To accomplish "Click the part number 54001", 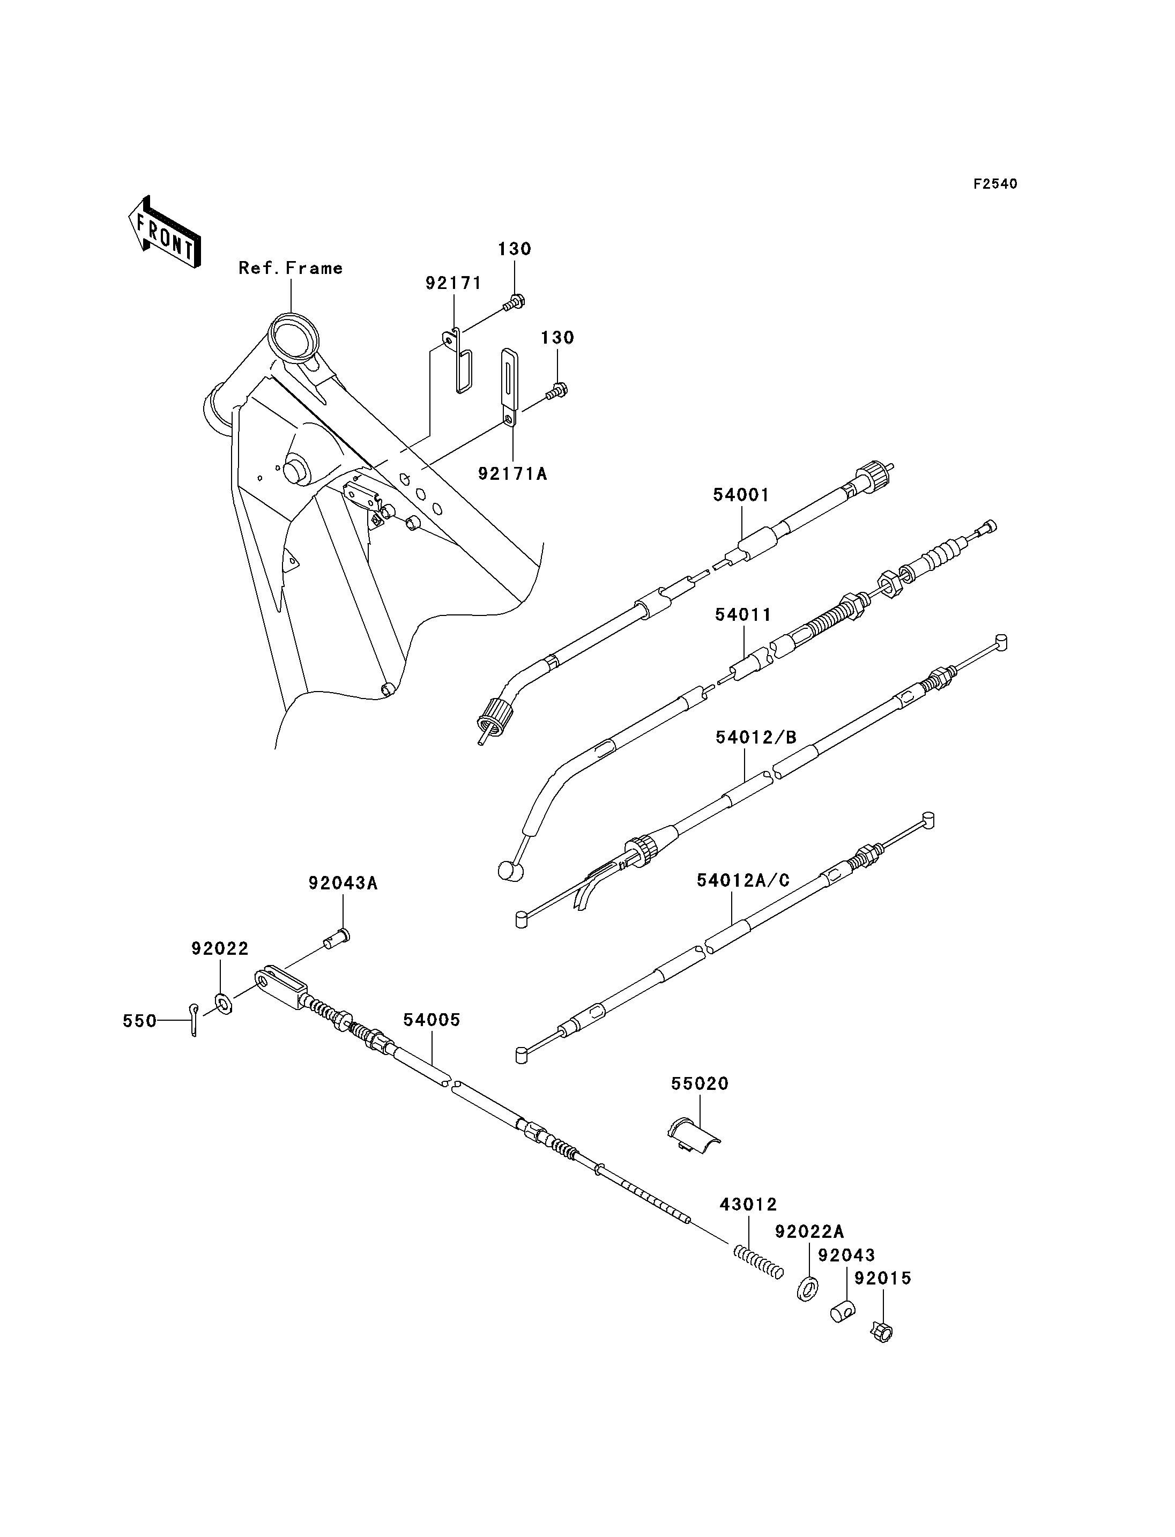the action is pos(741,495).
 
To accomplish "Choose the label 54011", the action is pos(743,614).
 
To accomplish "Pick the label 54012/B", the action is pos(756,737).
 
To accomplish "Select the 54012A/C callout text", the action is pos(743,880).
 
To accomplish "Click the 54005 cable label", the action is pos(432,1020).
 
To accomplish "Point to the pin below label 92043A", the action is pos(337,938).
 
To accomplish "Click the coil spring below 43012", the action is pos(757,1263).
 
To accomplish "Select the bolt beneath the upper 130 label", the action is pos(514,303).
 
